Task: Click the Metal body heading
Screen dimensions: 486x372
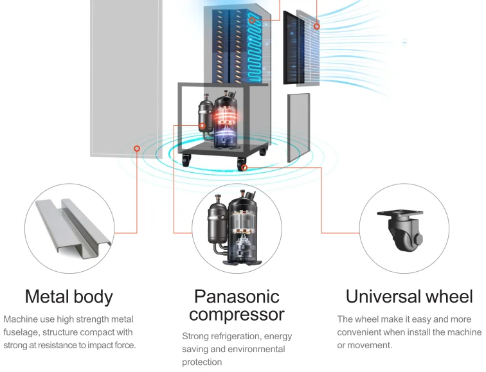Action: pyautogui.click(x=69, y=297)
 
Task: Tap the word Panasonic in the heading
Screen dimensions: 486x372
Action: pyautogui.click(x=237, y=297)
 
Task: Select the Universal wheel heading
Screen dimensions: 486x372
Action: pyautogui.click(x=409, y=297)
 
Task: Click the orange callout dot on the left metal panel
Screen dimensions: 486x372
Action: pyautogui.click(x=136, y=148)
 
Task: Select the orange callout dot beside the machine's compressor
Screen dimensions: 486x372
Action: pyautogui.click(x=203, y=126)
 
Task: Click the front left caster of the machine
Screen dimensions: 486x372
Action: pyautogui.click(x=186, y=161)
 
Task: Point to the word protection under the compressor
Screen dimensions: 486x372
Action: pyautogui.click(x=202, y=362)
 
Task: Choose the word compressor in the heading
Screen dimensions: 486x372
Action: pyautogui.click(x=237, y=315)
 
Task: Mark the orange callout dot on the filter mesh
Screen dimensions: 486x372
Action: pyautogui.click(x=316, y=26)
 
